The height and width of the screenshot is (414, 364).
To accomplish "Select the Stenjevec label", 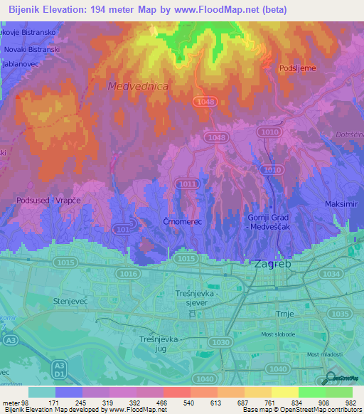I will pos(70,301).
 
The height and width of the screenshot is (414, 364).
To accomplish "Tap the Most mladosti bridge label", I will pos(323,354).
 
